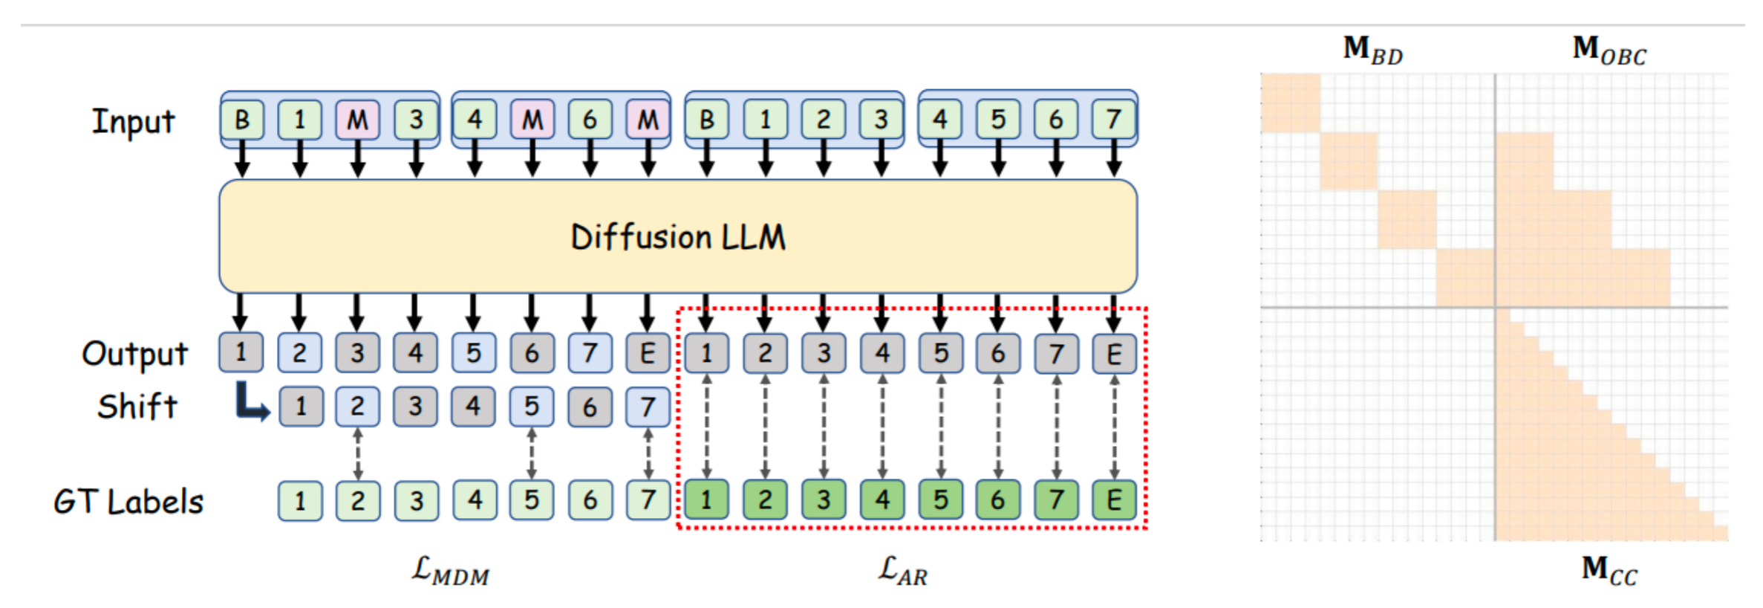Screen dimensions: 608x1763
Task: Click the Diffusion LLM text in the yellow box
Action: [677, 238]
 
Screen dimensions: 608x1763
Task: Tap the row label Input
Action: [133, 121]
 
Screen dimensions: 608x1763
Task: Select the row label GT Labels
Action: [128, 502]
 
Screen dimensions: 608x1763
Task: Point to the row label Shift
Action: [137, 407]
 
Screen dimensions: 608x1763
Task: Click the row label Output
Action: [134, 354]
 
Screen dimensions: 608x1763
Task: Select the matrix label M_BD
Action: [1372, 50]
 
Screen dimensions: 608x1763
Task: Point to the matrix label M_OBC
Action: [1609, 50]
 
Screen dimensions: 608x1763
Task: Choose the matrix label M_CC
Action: [1609, 570]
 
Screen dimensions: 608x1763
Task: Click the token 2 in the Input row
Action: [823, 120]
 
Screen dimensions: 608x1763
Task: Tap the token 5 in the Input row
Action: [998, 120]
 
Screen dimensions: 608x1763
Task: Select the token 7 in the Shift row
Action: [648, 407]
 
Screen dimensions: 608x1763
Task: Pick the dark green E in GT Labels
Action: [1114, 499]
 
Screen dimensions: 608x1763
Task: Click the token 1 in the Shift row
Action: [301, 407]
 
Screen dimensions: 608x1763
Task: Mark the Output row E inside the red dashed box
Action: [1114, 354]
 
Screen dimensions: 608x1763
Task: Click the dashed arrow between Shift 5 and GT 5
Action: [531, 453]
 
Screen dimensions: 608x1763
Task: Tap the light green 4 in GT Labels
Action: [475, 499]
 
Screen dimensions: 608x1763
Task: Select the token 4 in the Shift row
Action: [473, 407]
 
